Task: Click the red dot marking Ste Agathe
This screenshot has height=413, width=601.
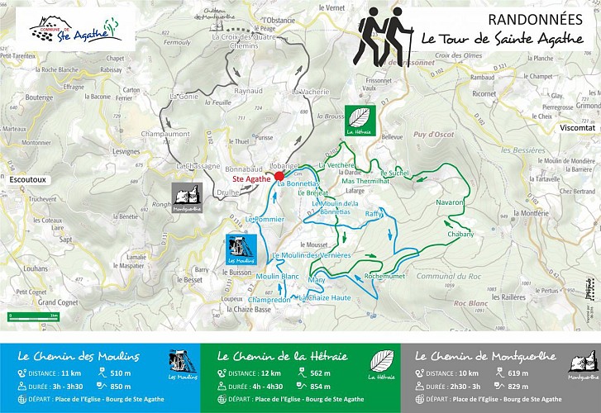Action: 279,176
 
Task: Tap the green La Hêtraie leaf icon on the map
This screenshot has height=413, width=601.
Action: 360,120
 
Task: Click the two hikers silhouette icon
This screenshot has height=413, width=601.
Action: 384,37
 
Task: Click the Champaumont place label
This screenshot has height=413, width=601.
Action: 166,133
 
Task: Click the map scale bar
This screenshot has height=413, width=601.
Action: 32,316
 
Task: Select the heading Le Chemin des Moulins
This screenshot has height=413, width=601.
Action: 78,357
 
